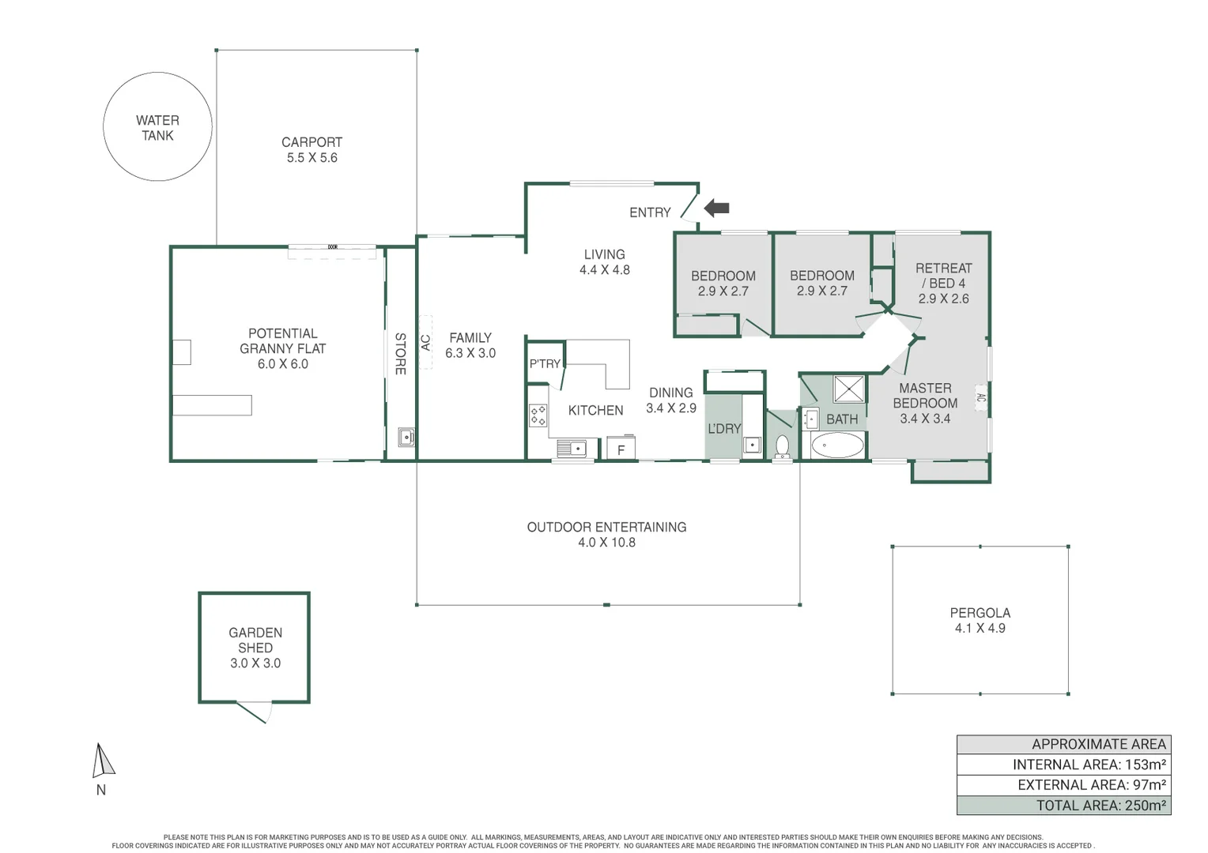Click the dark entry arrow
pos(717,209)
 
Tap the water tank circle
pos(157,127)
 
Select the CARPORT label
pos(311,142)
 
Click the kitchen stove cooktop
pos(538,415)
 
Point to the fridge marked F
pos(621,449)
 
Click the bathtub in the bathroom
pos(837,445)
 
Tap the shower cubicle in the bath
pos(849,389)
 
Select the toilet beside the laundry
pos(782,446)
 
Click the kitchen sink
pos(572,449)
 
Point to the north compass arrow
pos(102,761)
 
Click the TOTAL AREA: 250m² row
pos(1063,806)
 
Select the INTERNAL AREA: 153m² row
pos(1063,765)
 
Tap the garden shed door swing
pos(255,712)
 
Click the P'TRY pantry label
pos(545,364)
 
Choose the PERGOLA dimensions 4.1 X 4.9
pos(980,629)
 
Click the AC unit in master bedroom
pos(980,398)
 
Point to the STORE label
pos(400,353)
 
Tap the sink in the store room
pos(406,437)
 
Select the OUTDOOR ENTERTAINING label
pos(606,528)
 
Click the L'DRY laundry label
pos(723,429)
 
